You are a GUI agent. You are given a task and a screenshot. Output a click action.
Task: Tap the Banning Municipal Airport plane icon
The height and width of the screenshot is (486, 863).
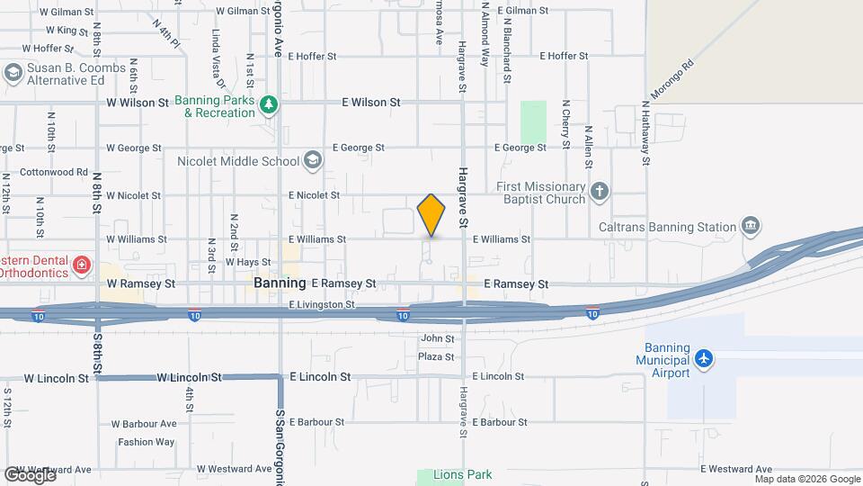pyautogui.click(x=703, y=359)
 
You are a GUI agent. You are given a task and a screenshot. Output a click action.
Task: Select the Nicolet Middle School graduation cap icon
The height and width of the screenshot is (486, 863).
pyautogui.click(x=312, y=161)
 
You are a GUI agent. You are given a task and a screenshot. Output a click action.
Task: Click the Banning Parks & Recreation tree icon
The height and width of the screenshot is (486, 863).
pyautogui.click(x=268, y=106)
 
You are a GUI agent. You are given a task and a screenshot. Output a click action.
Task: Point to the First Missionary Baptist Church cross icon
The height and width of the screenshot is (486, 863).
pyautogui.click(x=600, y=192)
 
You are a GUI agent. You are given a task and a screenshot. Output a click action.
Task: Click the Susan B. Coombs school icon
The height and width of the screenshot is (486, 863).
pyautogui.click(x=13, y=73)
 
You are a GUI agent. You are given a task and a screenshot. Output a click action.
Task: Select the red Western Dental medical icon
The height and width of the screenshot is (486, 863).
pyautogui.click(x=82, y=265)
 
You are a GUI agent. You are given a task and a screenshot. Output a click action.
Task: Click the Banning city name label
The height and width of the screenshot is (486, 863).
pyautogui.click(x=280, y=283)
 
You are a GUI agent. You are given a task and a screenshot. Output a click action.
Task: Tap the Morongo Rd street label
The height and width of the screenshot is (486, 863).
pyautogui.click(x=675, y=78)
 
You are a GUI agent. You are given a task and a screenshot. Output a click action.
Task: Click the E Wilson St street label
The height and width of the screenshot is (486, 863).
pyautogui.click(x=370, y=103)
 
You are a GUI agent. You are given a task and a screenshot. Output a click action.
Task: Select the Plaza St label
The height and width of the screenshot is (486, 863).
pyautogui.click(x=437, y=356)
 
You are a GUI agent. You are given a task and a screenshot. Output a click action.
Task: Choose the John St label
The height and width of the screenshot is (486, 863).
pyautogui.click(x=437, y=338)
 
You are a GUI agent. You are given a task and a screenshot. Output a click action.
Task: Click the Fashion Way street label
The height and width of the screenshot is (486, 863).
pyautogui.click(x=146, y=442)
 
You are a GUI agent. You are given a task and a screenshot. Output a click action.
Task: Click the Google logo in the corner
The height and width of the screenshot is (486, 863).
pyautogui.click(x=30, y=475)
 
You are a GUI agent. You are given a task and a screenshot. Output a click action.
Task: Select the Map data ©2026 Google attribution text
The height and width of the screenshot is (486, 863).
pyautogui.click(x=806, y=479)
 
